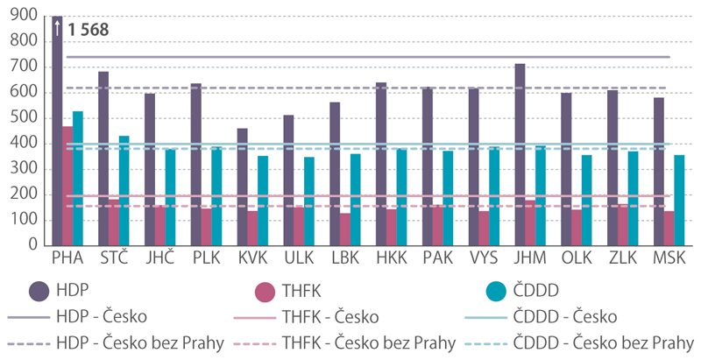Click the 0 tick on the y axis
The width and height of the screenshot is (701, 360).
(33, 245)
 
